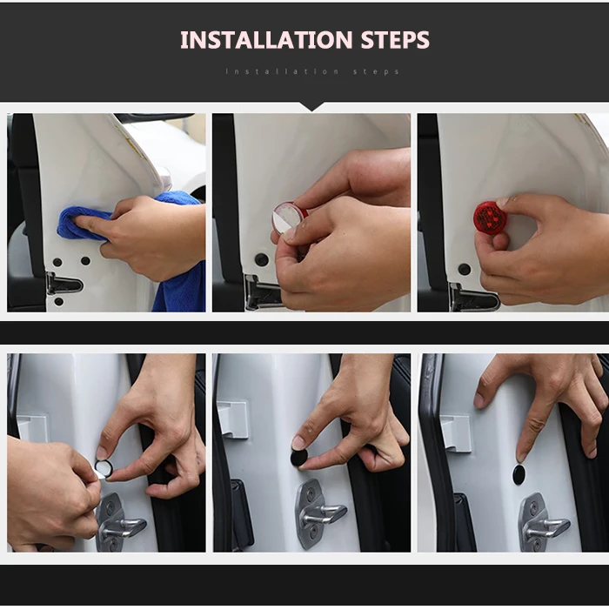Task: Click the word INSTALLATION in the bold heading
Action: (266, 40)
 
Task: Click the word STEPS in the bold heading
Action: (395, 40)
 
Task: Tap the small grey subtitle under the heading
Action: (312, 71)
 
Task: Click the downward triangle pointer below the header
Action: (311, 106)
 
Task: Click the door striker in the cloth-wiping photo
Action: (64, 284)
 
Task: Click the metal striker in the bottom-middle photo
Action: (319, 513)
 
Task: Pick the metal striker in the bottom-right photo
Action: (542, 521)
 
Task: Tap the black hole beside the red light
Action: (465, 269)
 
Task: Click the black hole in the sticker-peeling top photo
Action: (260, 258)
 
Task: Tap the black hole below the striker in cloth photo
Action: (58, 301)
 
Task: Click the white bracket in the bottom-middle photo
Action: (233, 420)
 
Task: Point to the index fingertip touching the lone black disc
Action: (520, 456)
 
